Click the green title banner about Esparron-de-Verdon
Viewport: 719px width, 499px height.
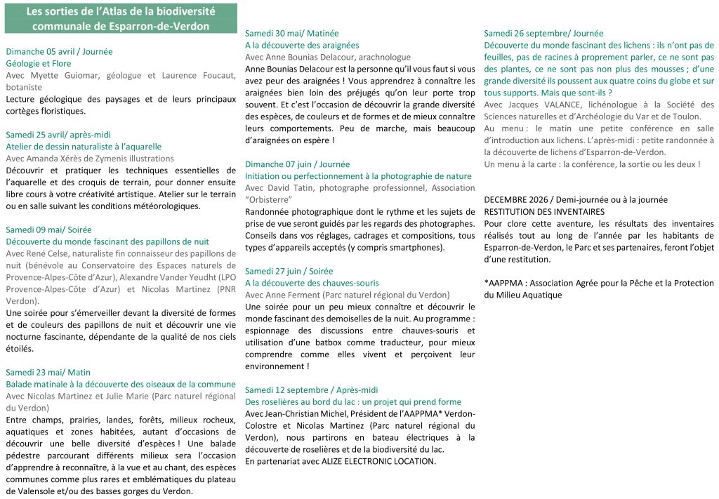[120, 19]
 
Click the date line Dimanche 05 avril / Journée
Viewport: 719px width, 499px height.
[59, 51]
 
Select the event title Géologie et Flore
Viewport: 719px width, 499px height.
[39, 63]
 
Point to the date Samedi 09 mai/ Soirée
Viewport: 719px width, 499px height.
[48, 229]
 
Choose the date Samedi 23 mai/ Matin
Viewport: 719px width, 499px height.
[48, 372]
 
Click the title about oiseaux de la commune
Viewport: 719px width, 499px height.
[121, 384]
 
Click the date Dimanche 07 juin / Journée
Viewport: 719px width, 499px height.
[297, 164]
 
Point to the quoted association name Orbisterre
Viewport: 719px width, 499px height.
[268, 200]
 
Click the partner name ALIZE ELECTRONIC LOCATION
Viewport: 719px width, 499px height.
[378, 461]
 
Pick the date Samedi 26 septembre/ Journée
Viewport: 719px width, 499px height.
[543, 33]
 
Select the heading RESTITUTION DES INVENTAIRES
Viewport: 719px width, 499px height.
[543, 211]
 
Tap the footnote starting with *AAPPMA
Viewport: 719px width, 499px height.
[598, 288]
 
